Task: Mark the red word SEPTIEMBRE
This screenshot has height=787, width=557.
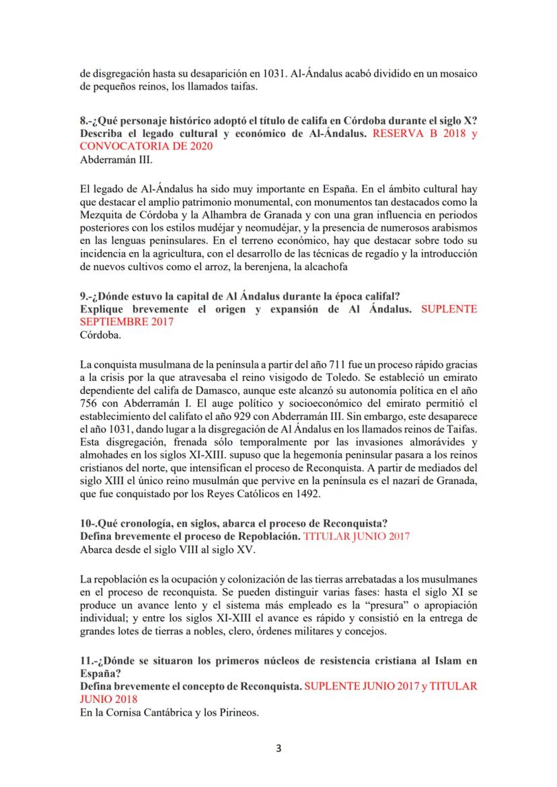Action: tap(114, 321)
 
